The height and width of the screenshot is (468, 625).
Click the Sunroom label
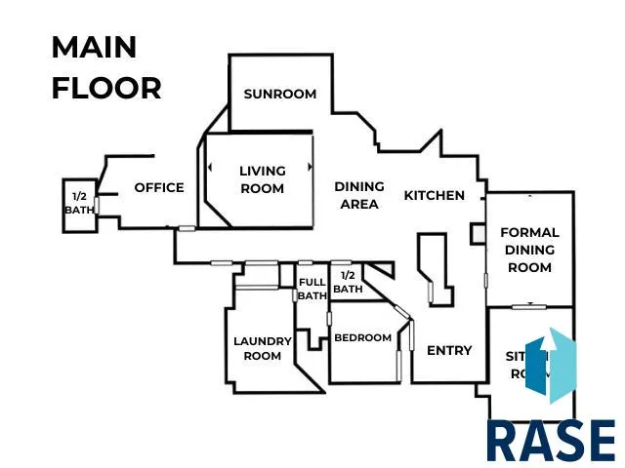pos(280,95)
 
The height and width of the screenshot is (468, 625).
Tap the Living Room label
pos(263,179)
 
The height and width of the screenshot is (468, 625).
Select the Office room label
pos(159,187)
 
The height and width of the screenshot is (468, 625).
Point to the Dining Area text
pos(358,195)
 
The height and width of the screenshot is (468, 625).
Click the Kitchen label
pos(435,195)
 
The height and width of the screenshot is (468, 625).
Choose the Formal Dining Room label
pos(529,250)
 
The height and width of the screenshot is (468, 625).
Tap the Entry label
pos(449,350)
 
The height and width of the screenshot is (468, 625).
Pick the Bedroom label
pos(362,338)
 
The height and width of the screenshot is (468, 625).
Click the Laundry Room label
pos(263,348)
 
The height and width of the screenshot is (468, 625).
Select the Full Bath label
pos(312,289)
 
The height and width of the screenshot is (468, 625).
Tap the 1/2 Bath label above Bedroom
pos(348,282)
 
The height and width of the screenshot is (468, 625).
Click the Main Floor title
pos(105,67)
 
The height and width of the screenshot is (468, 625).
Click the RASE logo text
pos(551,441)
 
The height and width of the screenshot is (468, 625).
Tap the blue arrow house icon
pos(551,367)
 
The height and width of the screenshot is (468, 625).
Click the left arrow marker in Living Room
pos(209,168)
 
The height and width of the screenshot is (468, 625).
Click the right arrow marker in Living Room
pos(310,167)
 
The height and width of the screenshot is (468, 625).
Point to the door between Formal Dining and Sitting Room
pos(528,306)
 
